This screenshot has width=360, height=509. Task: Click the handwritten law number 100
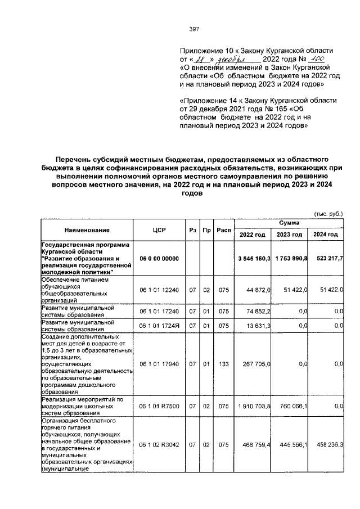click(x=317, y=58)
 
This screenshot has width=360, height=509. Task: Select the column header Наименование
click(x=87, y=229)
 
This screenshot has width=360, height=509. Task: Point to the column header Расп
click(x=224, y=229)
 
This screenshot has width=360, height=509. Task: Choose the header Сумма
click(x=290, y=223)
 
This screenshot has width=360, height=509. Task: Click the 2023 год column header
click(x=290, y=235)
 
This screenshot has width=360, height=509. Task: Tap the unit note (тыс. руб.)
click(x=328, y=214)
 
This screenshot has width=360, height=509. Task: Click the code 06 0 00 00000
click(x=159, y=258)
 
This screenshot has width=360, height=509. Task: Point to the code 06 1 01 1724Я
click(x=159, y=326)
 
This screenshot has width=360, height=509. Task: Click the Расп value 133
click(x=224, y=364)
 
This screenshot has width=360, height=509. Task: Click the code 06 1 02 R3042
click(x=159, y=444)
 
